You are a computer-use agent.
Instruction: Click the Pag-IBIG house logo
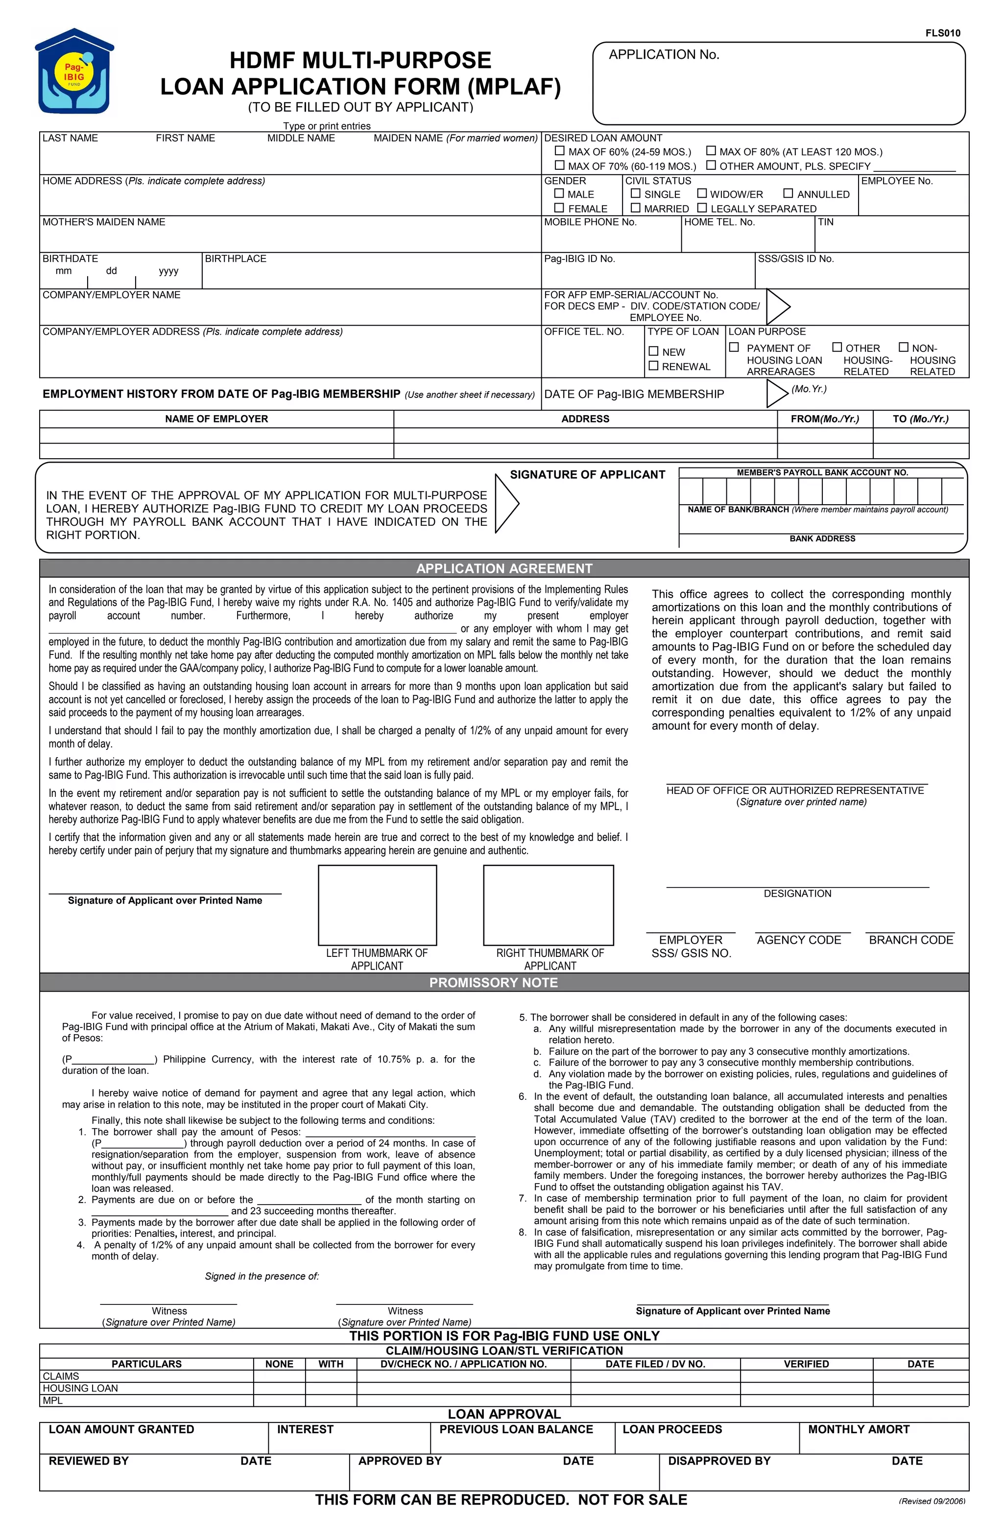pos(74,71)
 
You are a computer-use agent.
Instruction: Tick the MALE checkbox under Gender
pos(559,193)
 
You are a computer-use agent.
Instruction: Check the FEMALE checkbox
pos(559,208)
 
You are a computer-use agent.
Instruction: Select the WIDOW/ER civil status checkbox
pos(702,193)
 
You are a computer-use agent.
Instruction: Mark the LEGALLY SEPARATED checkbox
pos(702,208)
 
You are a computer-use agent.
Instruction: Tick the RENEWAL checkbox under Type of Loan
pos(653,366)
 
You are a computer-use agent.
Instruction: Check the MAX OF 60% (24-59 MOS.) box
pos(559,151)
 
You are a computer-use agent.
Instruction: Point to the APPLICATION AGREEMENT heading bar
pos(503,568)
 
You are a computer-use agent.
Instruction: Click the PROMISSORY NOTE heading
pos(493,982)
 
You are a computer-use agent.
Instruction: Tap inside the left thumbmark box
pos(377,905)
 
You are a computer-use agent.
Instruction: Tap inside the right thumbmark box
pos(549,905)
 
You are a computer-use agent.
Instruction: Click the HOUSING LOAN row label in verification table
pos(81,1388)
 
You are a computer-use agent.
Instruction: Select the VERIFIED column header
pos(806,1364)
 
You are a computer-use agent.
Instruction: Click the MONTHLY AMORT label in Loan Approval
pos(858,1429)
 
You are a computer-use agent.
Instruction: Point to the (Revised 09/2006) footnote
pos(931,1502)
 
